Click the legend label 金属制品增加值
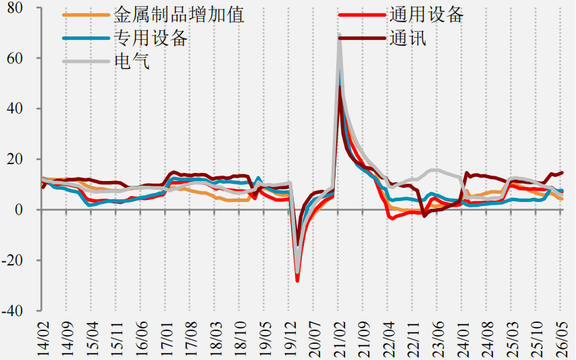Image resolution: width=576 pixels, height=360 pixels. click(x=179, y=16)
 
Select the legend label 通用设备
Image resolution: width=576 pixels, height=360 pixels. click(x=427, y=16)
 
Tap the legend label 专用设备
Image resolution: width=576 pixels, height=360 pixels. click(x=151, y=38)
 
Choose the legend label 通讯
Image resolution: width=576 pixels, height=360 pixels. click(x=408, y=38)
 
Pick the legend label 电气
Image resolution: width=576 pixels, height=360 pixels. click(x=132, y=61)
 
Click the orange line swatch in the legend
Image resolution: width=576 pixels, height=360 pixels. click(x=86, y=15)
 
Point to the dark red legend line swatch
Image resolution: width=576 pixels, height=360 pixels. click(x=362, y=38)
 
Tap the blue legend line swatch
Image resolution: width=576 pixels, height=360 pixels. click(x=86, y=38)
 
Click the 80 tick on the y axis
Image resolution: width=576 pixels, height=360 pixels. click(x=15, y=7)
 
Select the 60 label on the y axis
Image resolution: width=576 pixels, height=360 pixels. click(x=15, y=58)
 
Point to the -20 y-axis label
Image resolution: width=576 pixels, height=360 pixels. click(x=12, y=260)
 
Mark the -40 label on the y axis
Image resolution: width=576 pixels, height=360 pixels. click(x=12, y=311)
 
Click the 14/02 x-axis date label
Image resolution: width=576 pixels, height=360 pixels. click(x=43, y=338)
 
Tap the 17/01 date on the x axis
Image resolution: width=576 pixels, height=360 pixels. click(x=166, y=338)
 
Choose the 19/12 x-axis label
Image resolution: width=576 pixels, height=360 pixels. click(x=290, y=338)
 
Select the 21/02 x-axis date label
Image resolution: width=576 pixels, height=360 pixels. click(x=339, y=338)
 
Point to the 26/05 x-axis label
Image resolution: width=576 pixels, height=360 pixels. click(x=561, y=338)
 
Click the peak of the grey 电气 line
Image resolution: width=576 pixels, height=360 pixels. click(x=339, y=36)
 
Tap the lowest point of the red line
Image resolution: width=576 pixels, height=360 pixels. click(x=297, y=281)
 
